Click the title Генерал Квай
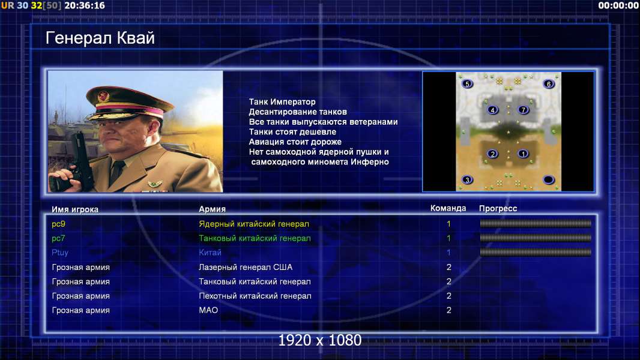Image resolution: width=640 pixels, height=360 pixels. point(100,38)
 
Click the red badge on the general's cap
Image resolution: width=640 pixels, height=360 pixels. point(103,97)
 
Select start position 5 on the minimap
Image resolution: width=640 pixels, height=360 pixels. point(467,83)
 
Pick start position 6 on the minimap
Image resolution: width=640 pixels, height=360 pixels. point(549,83)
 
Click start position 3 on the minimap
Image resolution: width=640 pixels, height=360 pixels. point(467,179)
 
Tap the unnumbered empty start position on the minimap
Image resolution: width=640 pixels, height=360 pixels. point(549,179)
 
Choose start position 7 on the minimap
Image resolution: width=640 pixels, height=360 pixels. point(524,110)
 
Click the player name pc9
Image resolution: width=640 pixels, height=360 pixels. point(58,224)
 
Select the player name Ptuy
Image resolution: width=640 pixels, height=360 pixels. point(60,253)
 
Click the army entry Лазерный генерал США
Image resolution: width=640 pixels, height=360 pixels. point(246,267)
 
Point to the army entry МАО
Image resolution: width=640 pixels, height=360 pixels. point(208,310)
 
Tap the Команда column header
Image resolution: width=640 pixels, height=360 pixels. point(448,208)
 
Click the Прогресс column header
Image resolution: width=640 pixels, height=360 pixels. point(498,209)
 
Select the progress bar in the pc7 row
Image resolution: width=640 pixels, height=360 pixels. point(536,238)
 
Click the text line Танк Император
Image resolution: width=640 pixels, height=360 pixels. point(282,102)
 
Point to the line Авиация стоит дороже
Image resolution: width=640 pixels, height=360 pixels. point(295,142)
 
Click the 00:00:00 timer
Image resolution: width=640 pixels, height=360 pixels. point(618,5)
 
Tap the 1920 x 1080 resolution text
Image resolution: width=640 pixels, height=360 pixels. point(320,340)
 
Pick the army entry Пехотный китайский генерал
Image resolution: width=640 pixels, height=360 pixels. point(255,296)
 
